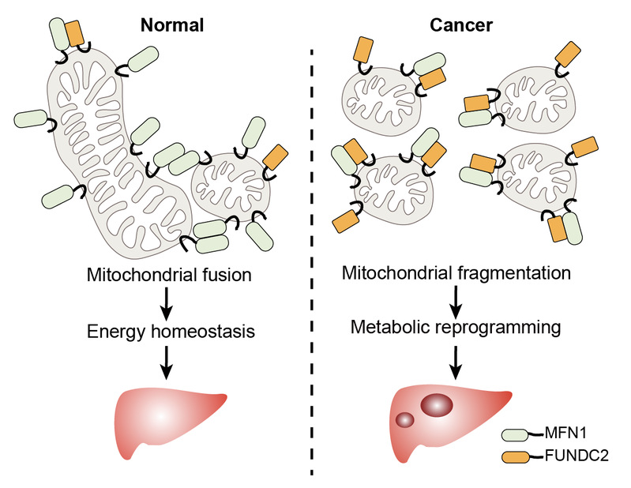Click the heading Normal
coord(171,24)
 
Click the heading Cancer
coord(461,24)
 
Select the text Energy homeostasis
coord(171,332)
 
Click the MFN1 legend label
coord(567,434)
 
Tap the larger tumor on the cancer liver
coord(437,406)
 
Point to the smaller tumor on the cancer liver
coord(404,420)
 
